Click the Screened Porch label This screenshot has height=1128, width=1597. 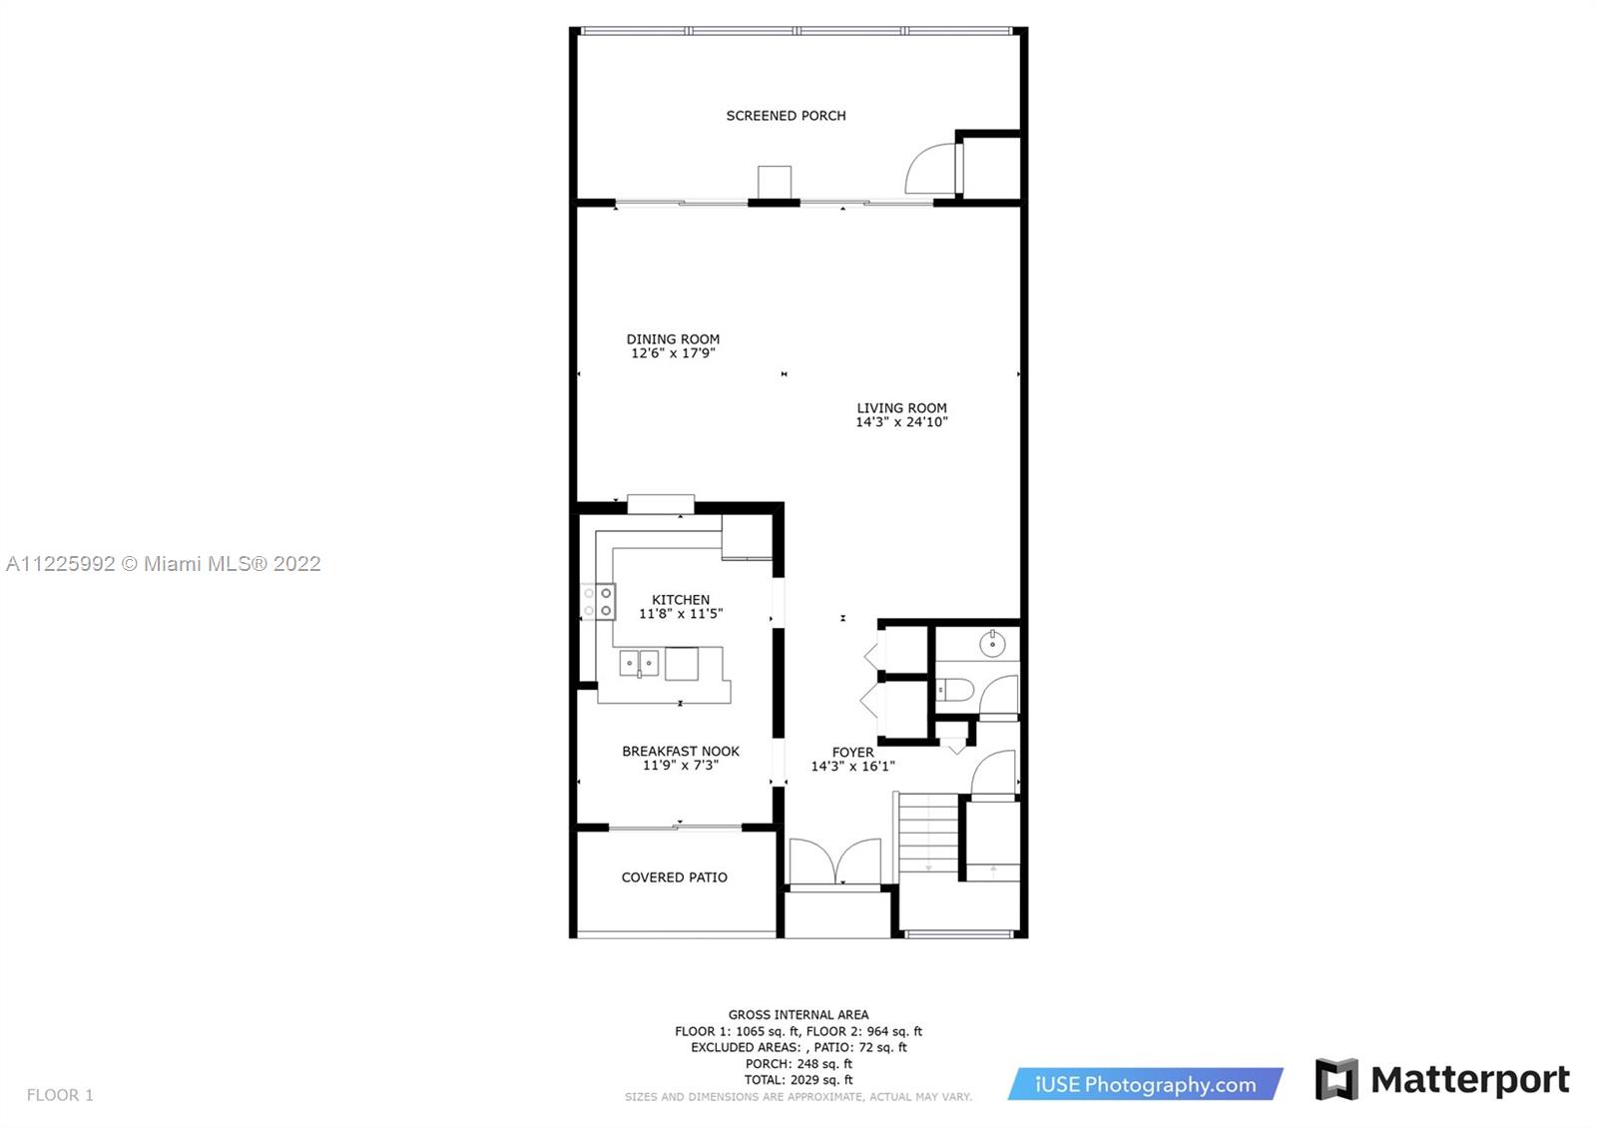[x=786, y=116]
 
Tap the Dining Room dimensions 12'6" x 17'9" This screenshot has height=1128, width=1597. [x=673, y=353]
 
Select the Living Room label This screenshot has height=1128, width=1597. [x=902, y=408]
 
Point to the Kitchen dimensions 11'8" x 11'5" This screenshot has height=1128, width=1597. [x=681, y=613]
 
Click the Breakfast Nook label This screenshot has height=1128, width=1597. [x=681, y=751]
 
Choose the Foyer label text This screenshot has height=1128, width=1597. [x=852, y=753]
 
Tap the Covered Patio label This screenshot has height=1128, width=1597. [x=675, y=877]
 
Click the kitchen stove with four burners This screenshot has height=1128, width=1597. [x=598, y=602]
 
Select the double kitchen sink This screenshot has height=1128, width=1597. [x=639, y=663]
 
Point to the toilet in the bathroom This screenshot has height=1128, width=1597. [x=954, y=690]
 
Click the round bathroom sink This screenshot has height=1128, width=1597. [x=992, y=644]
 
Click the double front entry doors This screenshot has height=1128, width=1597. [x=835, y=862]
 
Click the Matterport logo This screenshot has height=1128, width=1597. [x=1442, y=1079]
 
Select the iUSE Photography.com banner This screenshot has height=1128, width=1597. [x=1145, y=1084]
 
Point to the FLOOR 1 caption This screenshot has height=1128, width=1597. [x=60, y=1095]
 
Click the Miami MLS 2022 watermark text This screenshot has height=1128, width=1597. [x=164, y=564]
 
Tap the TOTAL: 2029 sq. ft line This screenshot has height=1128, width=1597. [x=798, y=1080]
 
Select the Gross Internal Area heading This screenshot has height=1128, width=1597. [x=798, y=1014]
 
